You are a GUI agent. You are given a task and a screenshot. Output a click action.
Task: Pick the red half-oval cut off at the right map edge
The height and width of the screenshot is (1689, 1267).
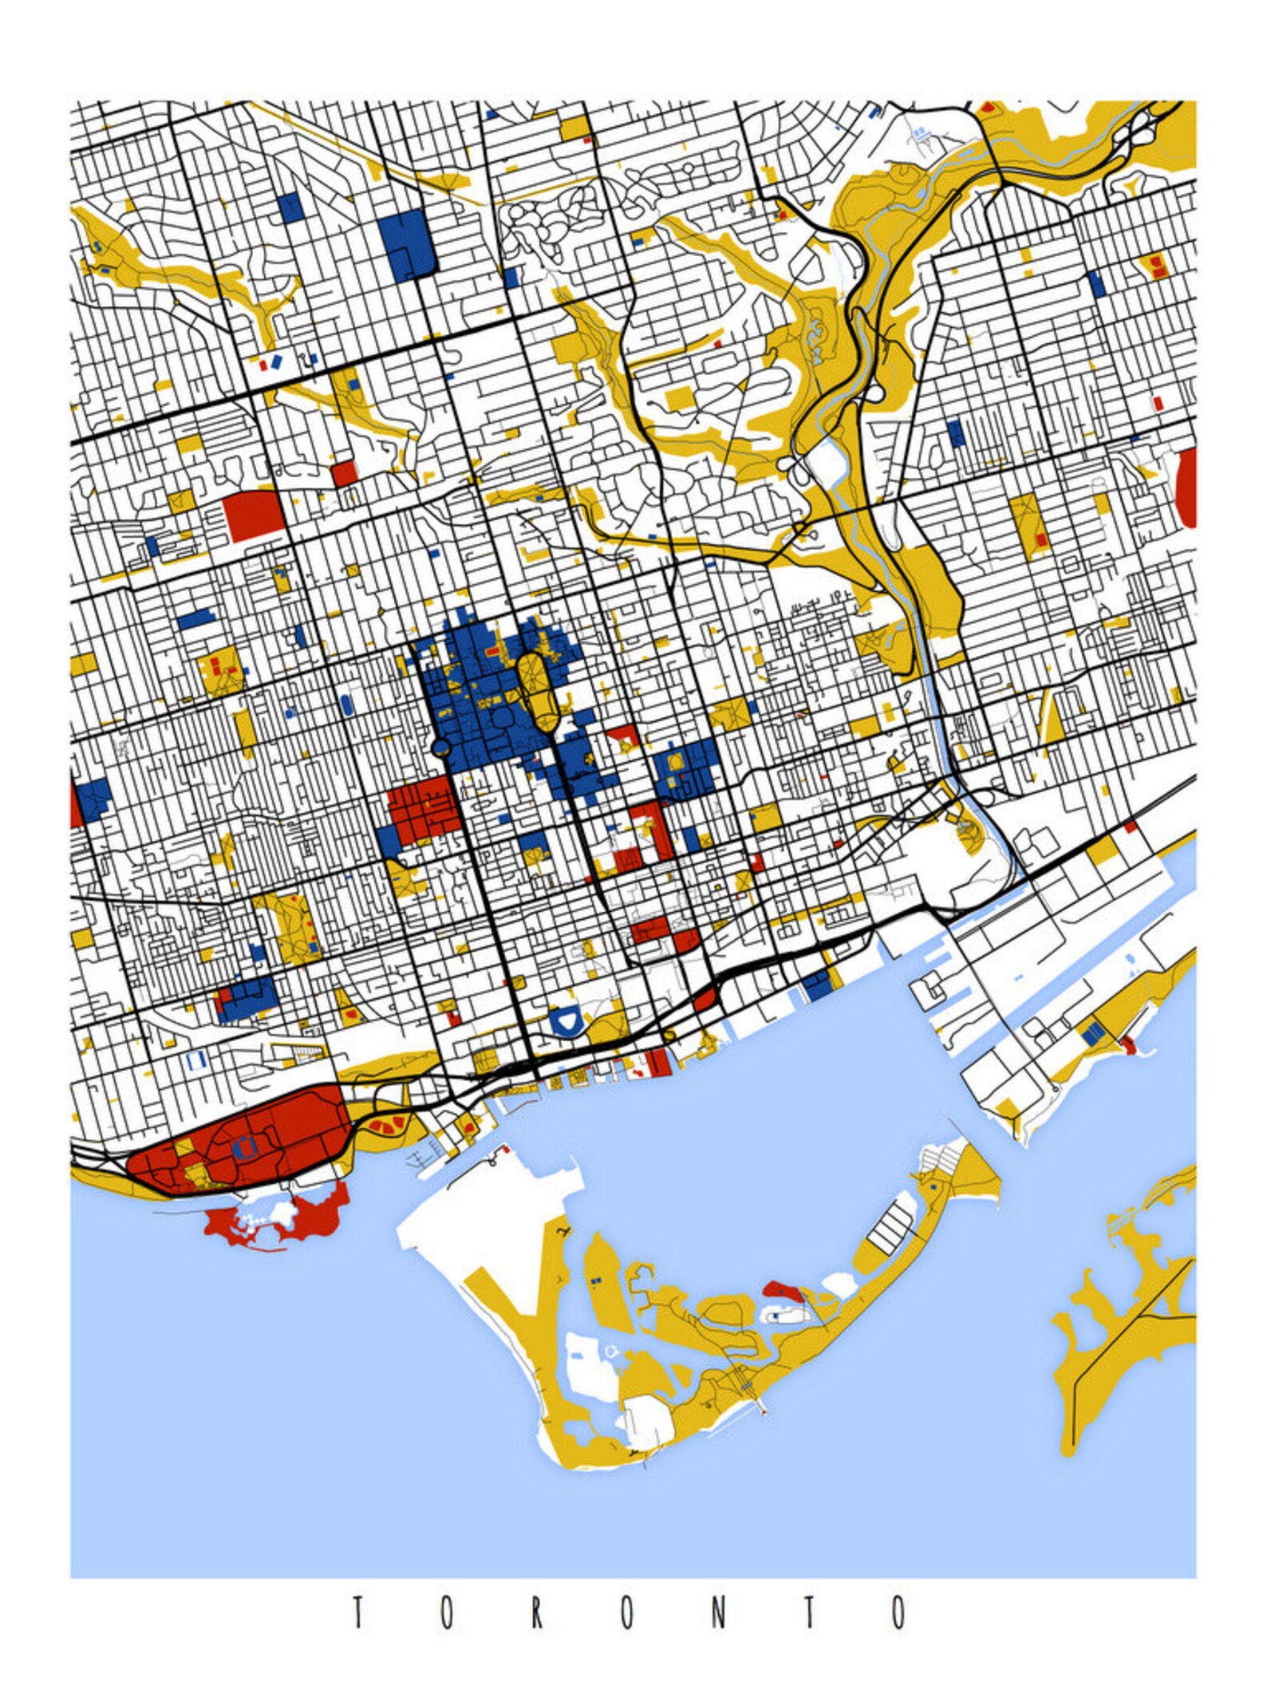coord(1188,487)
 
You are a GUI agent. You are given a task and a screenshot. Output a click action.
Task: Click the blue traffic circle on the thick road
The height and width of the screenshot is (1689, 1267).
coord(440,747)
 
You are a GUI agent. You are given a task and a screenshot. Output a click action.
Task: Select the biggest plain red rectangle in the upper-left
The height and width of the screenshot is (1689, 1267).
coord(255,516)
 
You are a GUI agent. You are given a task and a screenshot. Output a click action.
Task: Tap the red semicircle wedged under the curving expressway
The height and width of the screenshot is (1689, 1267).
coord(704,1000)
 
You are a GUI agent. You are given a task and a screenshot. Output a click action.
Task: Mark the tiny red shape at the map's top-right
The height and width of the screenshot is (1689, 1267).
coord(988,106)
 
